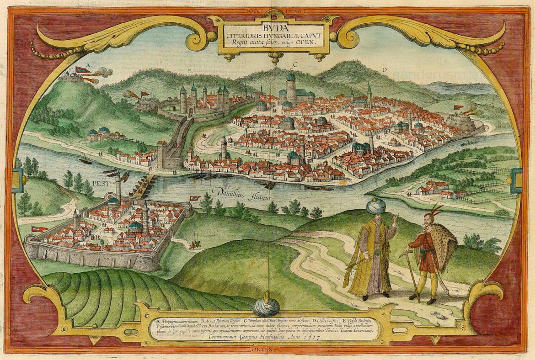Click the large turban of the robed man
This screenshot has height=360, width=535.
[x=376, y=206]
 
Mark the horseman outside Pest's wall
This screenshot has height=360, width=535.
[x=196, y=244]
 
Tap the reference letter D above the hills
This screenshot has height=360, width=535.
[x=385, y=69]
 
